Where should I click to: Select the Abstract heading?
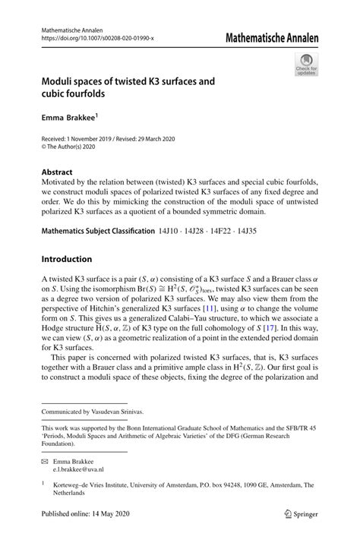[x=58, y=172]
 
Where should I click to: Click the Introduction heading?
[x=67, y=259]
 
